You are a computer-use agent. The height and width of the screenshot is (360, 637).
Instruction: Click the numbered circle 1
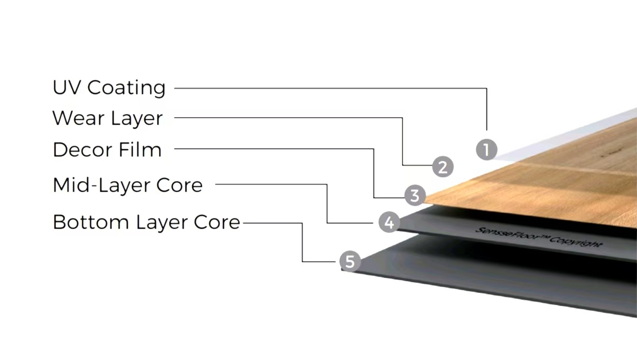click(486, 150)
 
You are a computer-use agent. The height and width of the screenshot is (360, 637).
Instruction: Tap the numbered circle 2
click(443, 167)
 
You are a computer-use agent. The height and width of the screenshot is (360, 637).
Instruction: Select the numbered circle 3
click(415, 196)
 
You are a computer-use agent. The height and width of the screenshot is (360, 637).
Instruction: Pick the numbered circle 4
click(389, 222)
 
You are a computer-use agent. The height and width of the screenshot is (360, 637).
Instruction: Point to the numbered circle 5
click(350, 261)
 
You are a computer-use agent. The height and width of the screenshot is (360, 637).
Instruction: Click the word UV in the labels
click(66, 88)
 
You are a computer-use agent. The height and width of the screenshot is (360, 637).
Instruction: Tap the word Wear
click(77, 118)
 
